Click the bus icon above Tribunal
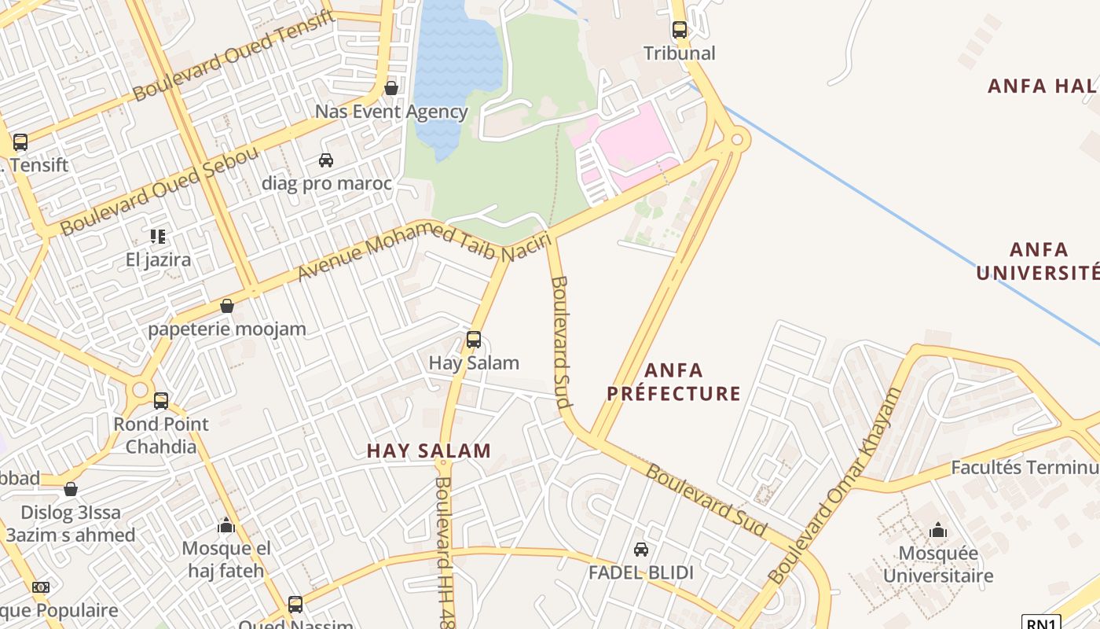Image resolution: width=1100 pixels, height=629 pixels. (680, 30)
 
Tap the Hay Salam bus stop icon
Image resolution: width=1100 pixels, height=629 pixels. (474, 340)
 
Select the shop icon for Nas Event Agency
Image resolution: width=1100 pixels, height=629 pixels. (391, 88)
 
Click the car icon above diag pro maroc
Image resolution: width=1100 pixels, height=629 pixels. (326, 160)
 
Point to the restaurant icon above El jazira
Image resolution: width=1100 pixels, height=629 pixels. (158, 236)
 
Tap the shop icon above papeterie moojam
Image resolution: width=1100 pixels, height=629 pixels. (227, 306)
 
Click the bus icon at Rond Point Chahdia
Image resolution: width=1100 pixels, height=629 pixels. (161, 401)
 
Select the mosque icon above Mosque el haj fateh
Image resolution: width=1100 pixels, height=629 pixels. (226, 525)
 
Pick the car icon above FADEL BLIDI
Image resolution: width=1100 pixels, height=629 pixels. (641, 550)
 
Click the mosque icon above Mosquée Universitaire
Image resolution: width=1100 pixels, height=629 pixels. (937, 531)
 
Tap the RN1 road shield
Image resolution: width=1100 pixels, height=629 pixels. (1041, 623)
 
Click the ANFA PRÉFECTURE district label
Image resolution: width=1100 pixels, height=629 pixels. (674, 381)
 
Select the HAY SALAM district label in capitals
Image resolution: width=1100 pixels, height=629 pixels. (429, 451)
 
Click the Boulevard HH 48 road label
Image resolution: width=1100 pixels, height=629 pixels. (445, 550)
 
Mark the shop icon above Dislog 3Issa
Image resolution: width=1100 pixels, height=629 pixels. (71, 490)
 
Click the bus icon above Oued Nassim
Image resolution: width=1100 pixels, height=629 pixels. (295, 605)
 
